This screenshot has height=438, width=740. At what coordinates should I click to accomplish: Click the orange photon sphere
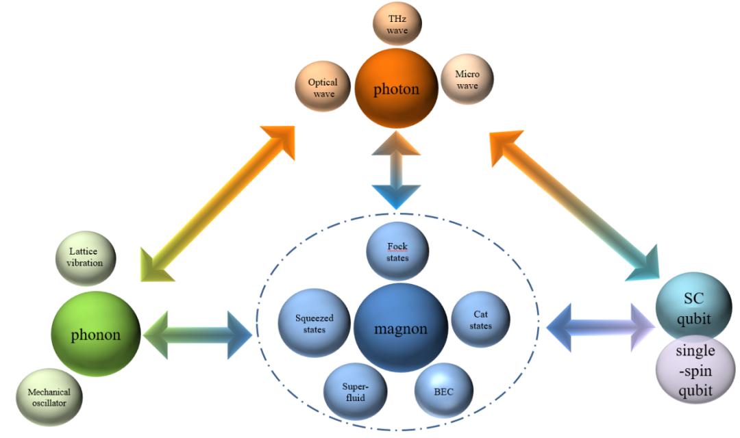point(396,89)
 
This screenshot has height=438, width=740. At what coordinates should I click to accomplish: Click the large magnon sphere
point(400,328)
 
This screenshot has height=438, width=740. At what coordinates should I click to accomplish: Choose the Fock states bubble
point(397,252)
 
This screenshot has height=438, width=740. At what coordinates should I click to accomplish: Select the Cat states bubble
point(481,319)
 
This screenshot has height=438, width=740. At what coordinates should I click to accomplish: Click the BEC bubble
point(443,391)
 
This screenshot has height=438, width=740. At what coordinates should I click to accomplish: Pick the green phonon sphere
point(97,335)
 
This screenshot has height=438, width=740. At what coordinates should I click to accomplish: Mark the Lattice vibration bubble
point(86,257)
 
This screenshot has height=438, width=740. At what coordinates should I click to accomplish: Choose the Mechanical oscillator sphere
point(49,397)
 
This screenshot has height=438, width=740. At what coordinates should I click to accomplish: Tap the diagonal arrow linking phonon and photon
point(216,205)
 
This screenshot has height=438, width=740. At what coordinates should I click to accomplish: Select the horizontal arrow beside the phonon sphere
point(199,335)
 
